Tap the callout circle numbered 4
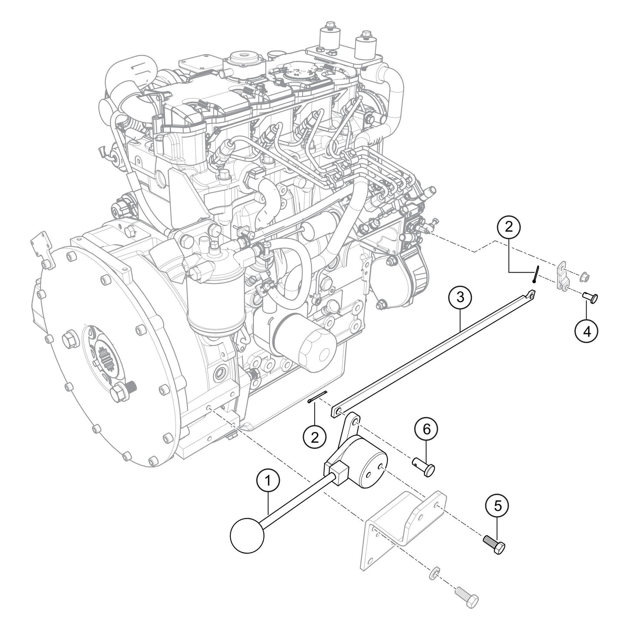(x=586, y=331)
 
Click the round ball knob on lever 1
(x=247, y=534)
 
